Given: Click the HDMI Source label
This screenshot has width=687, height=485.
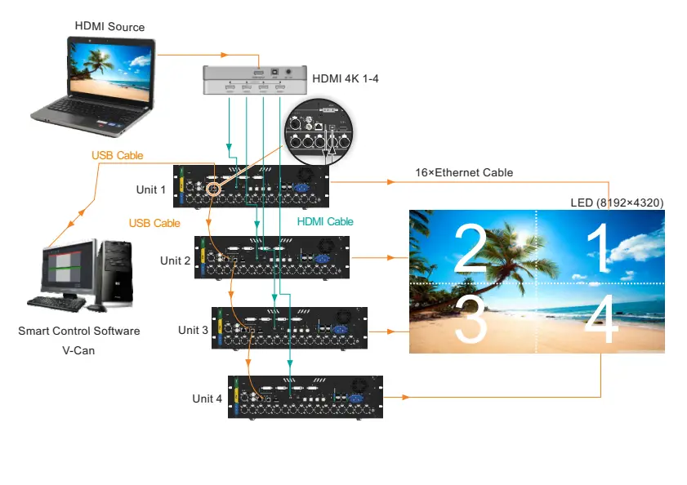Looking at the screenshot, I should point(109,27).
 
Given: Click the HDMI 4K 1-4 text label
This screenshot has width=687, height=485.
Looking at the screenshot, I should point(346,79).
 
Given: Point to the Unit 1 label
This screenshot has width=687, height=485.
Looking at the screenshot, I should point(151,189).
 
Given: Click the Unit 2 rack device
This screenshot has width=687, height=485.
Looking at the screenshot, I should point(272,257).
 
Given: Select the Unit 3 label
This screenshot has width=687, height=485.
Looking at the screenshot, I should point(193,330).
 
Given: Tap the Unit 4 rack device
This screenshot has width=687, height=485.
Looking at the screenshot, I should point(305,398).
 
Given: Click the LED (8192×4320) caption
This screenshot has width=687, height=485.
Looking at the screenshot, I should point(616,202).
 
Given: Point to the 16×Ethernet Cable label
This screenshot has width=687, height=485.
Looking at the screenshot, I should point(463,172).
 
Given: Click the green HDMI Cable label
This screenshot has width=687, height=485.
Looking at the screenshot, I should point(325,221).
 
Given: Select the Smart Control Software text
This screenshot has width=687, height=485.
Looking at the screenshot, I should point(78,331).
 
